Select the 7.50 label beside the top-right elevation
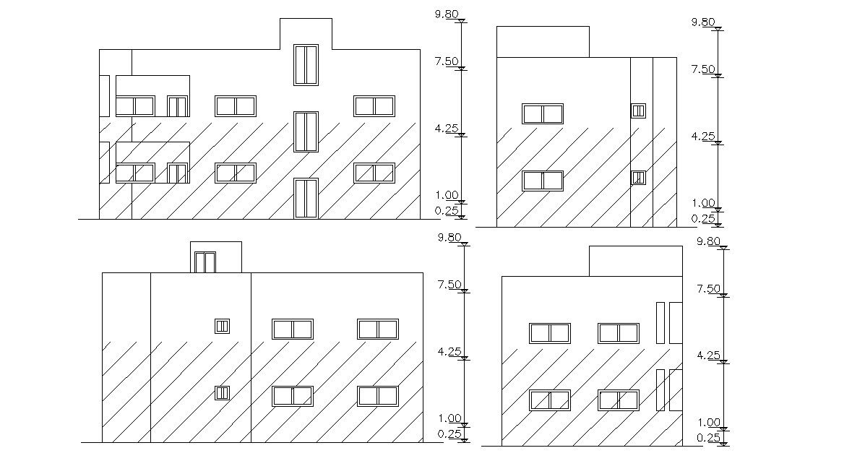click(x=703, y=69)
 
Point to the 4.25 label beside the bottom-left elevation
click(x=449, y=352)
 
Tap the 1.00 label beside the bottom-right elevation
click(x=710, y=423)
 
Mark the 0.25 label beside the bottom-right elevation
click(x=709, y=438)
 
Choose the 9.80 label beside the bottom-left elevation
click(x=449, y=238)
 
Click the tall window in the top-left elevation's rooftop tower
click(x=306, y=65)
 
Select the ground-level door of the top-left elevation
click(x=306, y=198)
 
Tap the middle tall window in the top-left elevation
click(x=306, y=132)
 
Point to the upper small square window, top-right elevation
click(x=638, y=111)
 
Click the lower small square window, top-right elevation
click(x=638, y=177)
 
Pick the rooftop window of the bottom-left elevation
click(x=205, y=262)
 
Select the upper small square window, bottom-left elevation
click(x=222, y=326)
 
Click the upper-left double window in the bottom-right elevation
click(x=550, y=333)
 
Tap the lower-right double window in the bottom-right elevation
click(x=618, y=400)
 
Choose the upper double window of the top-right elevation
click(x=543, y=113)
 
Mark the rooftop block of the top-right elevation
click(x=543, y=41)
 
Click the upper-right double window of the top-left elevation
click(x=374, y=105)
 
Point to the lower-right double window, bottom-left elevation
click(x=378, y=396)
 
